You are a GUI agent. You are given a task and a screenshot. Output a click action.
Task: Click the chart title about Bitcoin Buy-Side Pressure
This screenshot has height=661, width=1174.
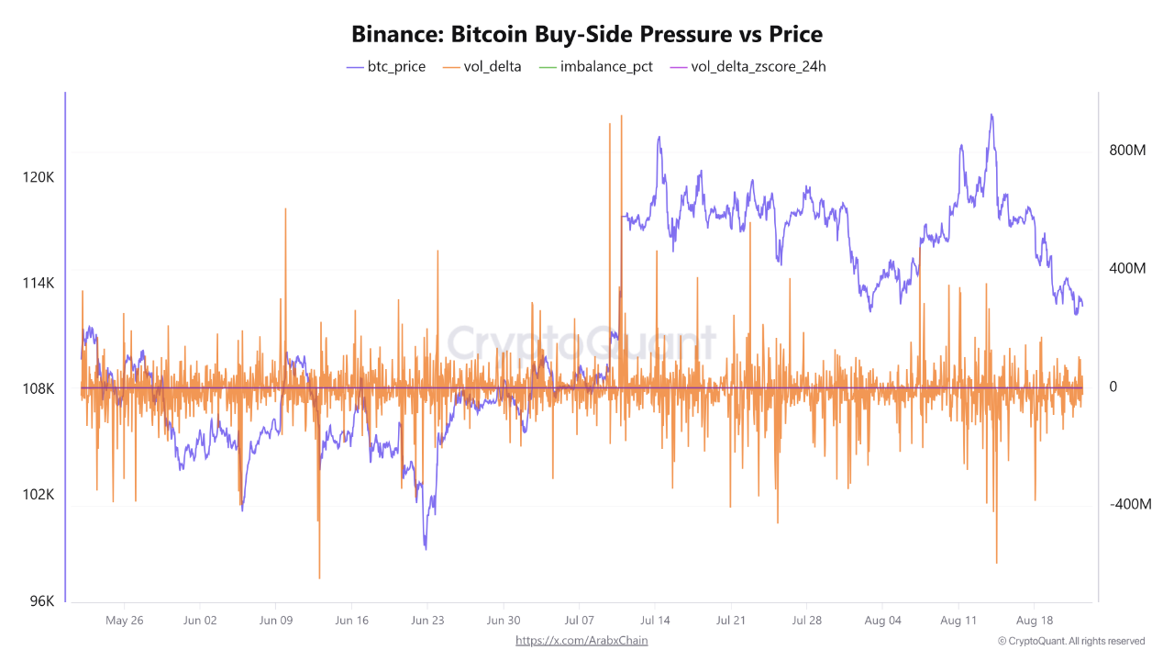click(587, 34)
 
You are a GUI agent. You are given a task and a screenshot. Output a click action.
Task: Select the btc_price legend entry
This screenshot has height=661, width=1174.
click(385, 66)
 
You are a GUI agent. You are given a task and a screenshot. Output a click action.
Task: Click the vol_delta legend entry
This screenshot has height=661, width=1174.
click(482, 66)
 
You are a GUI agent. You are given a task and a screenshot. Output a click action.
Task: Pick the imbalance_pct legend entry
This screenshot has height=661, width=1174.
click(596, 66)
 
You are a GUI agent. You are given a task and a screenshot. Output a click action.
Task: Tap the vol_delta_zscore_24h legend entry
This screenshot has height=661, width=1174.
click(748, 66)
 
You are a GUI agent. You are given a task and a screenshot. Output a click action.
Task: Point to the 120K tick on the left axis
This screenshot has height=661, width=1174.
click(39, 177)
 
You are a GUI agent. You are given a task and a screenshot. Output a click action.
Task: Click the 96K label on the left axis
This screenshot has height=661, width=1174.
click(42, 601)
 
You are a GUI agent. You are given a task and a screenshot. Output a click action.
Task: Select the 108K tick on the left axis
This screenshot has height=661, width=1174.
click(39, 389)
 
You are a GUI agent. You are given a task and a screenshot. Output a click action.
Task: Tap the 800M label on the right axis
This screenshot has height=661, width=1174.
click(1127, 151)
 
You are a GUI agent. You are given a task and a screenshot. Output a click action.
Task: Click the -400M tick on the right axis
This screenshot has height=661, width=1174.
click(1129, 505)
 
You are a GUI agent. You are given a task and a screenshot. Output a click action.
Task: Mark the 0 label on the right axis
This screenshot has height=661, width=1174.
click(1113, 387)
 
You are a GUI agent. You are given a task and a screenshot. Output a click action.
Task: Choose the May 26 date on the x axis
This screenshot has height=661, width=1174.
click(125, 621)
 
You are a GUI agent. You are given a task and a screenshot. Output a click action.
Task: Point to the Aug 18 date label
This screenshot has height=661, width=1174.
click(1034, 621)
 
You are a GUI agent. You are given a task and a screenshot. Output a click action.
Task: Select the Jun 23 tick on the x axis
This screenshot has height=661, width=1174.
click(427, 621)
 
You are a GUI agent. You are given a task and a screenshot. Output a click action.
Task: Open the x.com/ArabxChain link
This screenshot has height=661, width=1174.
click(581, 640)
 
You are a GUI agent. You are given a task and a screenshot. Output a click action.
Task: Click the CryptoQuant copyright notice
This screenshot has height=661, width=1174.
click(1071, 641)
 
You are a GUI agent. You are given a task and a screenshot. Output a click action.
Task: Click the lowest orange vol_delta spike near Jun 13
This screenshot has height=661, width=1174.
click(319, 577)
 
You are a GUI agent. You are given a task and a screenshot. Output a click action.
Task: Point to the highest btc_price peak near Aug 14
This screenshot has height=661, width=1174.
click(991, 115)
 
